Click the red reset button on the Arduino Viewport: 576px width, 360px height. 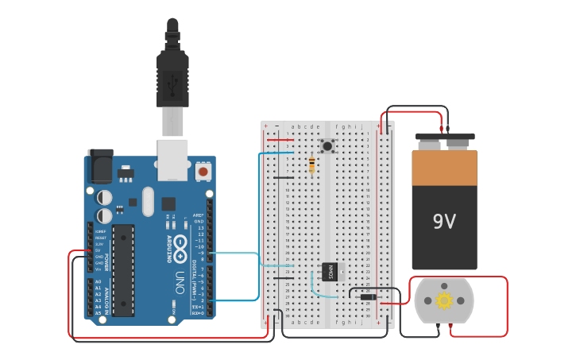[x=203, y=171]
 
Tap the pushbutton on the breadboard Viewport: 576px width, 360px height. [x=327, y=145]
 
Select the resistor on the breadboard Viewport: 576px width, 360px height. [x=311, y=165]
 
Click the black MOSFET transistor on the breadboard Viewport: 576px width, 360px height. [x=330, y=271]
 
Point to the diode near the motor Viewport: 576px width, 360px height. [x=367, y=297]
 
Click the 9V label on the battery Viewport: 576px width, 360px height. [x=444, y=222]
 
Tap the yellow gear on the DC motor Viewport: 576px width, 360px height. [x=444, y=300]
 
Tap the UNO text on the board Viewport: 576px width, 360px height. [x=179, y=282]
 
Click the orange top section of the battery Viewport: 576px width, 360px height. [x=444, y=168]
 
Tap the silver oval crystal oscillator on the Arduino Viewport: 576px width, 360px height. [x=148, y=202]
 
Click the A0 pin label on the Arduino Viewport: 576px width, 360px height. [x=98, y=282]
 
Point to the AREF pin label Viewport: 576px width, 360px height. [x=199, y=215]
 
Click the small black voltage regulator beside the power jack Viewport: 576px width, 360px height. [x=126, y=172]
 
